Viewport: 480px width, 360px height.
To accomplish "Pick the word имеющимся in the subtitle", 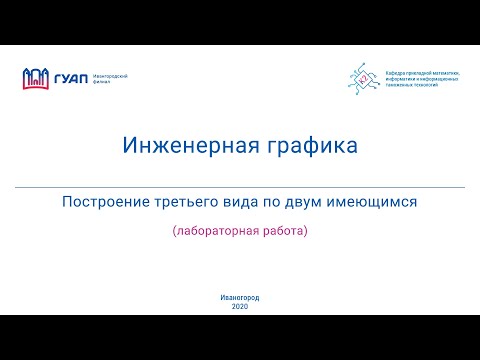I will pyautogui.click(x=376, y=201).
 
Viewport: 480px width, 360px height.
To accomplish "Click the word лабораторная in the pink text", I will pyautogui.click(x=215, y=232).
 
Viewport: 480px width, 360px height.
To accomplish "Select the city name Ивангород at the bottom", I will pyautogui.click(x=240, y=298).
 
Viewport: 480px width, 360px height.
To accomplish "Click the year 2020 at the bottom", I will pyautogui.click(x=240, y=306).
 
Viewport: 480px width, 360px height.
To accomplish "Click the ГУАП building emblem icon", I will pyautogui.click(x=36, y=78).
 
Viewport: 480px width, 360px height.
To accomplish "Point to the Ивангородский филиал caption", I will pyautogui.click(x=108, y=78).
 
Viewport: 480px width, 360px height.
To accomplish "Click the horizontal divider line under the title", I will pyautogui.click(x=240, y=187).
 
